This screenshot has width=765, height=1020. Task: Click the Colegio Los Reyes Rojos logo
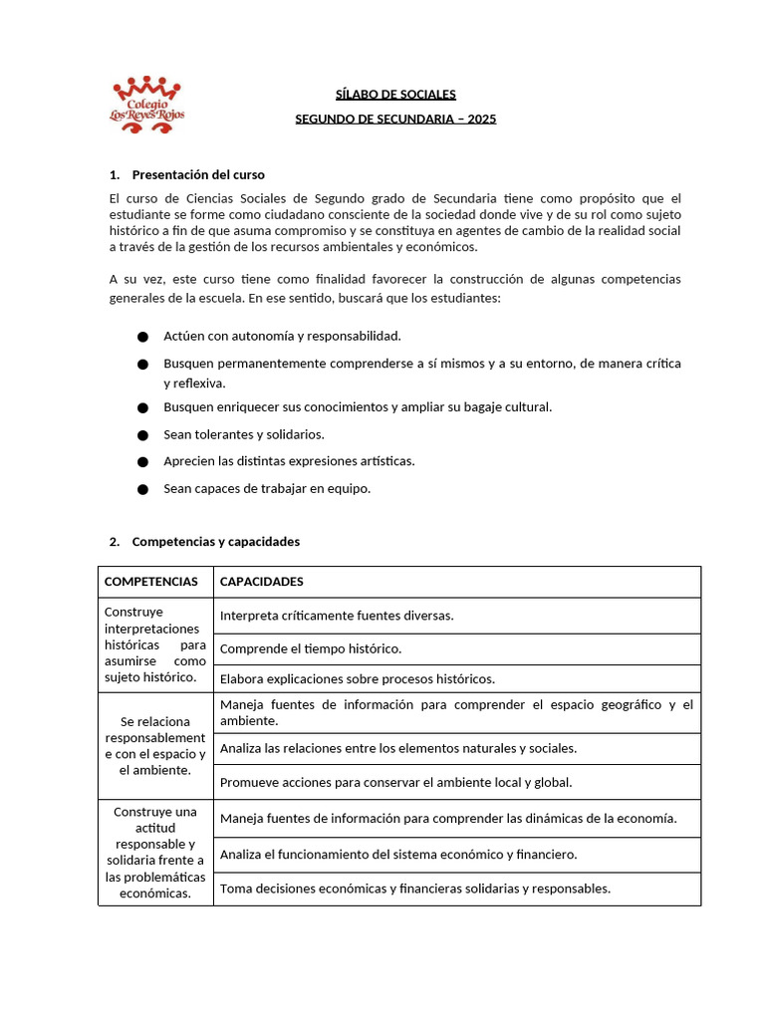pyautogui.click(x=146, y=101)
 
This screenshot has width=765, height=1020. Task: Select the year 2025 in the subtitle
pyautogui.click(x=481, y=120)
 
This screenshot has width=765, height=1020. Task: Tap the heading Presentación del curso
pyautogui.click(x=197, y=174)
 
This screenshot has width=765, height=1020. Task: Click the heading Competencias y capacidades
pyautogui.click(x=215, y=542)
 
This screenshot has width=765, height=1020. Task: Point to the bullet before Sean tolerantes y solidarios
pyautogui.click(x=142, y=435)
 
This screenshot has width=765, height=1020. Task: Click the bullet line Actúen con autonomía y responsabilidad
pyautogui.click(x=282, y=337)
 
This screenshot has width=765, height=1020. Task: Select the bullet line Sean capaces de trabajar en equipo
pyautogui.click(x=267, y=489)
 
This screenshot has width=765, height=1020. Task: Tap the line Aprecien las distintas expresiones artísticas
pyautogui.click(x=289, y=461)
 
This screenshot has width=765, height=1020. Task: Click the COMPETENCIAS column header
pyautogui.click(x=151, y=582)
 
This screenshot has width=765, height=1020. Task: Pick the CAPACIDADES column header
pyautogui.click(x=262, y=582)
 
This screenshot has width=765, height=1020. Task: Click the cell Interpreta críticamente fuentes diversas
pyautogui.click(x=337, y=616)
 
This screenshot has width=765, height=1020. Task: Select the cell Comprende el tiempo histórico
pyautogui.click(x=311, y=649)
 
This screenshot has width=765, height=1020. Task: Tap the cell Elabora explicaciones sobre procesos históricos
pyautogui.click(x=358, y=679)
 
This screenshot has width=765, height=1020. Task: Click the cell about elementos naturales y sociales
pyautogui.click(x=398, y=748)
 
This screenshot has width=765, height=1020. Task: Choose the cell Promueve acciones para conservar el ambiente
pyautogui.click(x=396, y=783)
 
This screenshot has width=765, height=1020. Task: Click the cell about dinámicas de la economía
pyautogui.click(x=448, y=819)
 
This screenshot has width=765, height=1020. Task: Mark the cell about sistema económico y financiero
pyautogui.click(x=398, y=855)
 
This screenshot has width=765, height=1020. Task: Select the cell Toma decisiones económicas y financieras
pyautogui.click(x=415, y=889)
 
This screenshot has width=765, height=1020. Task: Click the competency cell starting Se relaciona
pyautogui.click(x=155, y=745)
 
